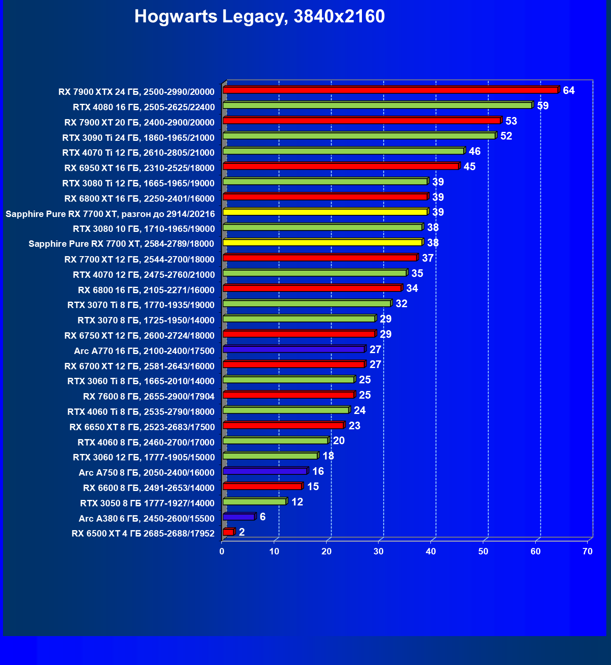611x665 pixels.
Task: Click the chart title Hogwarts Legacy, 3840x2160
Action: tap(259, 17)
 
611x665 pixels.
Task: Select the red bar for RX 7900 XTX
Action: tap(390, 90)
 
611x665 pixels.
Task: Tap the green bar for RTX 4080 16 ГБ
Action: tap(377, 106)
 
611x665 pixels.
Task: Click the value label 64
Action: tap(568, 91)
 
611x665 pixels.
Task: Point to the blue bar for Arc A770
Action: tap(294, 349)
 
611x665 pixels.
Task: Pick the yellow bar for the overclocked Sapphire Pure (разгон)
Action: tap(325, 212)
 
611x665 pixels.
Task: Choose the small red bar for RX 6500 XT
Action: tap(228, 532)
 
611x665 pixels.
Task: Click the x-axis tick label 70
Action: tap(587, 552)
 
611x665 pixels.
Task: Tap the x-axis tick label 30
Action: tap(379, 552)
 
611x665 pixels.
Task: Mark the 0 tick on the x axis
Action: tap(222, 552)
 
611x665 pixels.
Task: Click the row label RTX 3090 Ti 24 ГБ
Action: tap(138, 137)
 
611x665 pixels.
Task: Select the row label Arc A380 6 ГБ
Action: tap(146, 518)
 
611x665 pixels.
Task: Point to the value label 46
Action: tap(474, 151)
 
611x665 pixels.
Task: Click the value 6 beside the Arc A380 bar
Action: tap(263, 517)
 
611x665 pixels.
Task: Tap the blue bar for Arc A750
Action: tap(265, 471)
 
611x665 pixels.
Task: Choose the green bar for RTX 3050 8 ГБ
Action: tap(255, 502)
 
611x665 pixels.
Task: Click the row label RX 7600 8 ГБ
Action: tap(149, 397)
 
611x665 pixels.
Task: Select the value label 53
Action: tap(511, 121)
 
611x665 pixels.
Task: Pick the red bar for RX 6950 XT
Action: tap(341, 166)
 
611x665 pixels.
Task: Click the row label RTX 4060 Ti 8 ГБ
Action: tap(141, 411)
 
